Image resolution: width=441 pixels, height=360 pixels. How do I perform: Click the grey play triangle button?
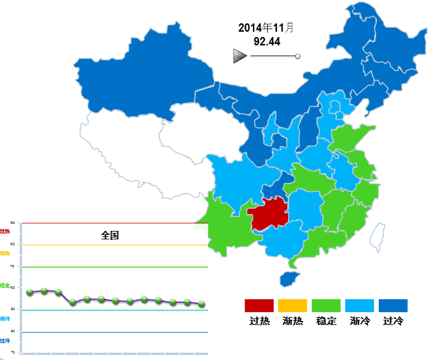click(240, 56)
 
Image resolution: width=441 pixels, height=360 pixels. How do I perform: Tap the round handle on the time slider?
click(298, 56)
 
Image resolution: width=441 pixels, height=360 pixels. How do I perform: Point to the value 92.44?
click(267, 42)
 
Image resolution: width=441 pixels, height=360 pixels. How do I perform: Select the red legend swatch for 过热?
click(259, 306)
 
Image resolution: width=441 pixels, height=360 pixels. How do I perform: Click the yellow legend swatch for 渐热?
click(292, 306)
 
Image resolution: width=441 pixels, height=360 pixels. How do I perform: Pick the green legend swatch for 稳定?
click(326, 306)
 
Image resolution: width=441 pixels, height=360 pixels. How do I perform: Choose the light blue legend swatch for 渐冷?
click(360, 306)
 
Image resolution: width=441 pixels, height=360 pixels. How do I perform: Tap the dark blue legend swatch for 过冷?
click(394, 306)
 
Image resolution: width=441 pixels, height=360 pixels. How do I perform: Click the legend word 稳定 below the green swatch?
click(326, 321)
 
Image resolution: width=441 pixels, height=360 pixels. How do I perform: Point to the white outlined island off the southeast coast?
click(376, 236)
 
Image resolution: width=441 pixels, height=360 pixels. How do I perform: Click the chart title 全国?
click(110, 235)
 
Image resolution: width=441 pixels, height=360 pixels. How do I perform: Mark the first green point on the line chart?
click(30, 293)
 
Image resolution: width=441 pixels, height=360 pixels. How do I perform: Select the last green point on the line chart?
click(202, 304)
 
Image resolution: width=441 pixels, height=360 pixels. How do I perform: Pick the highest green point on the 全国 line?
click(44, 291)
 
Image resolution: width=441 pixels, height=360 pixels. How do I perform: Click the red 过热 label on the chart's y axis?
click(5, 231)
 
